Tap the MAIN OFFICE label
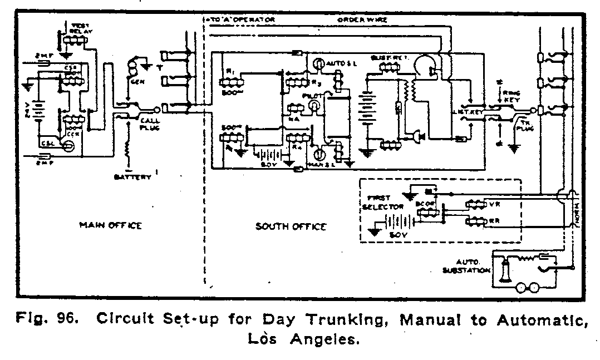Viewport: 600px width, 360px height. [110, 225]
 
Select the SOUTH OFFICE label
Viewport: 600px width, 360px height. [291, 226]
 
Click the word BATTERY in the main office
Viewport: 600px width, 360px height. [132, 177]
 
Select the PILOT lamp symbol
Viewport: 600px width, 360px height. [315, 106]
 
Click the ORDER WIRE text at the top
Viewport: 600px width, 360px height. [362, 20]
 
